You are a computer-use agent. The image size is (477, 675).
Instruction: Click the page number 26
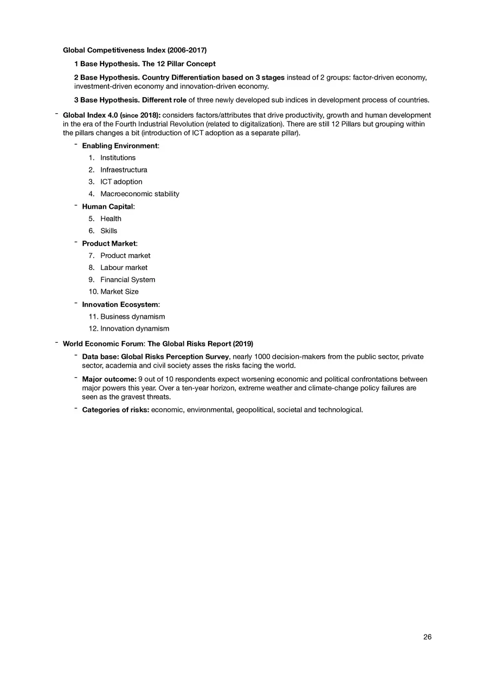(427, 637)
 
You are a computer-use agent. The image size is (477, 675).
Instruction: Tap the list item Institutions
(118, 158)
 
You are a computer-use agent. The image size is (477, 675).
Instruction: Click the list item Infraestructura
(124, 170)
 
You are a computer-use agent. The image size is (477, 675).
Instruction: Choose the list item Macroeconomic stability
(139, 194)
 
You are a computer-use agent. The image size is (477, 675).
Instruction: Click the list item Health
(111, 219)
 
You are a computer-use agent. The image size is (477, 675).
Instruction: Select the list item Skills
(108, 231)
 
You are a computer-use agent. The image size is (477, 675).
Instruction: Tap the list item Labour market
(124, 267)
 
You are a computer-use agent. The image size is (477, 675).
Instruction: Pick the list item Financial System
(127, 280)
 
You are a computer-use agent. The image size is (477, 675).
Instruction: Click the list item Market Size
(119, 292)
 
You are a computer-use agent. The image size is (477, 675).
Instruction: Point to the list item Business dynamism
(132, 317)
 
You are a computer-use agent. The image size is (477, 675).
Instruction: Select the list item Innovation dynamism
(134, 329)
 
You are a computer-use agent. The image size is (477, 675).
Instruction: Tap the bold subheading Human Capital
(108, 207)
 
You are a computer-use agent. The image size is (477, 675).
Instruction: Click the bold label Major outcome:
(109, 379)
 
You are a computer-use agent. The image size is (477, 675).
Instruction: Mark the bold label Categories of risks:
(115, 409)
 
